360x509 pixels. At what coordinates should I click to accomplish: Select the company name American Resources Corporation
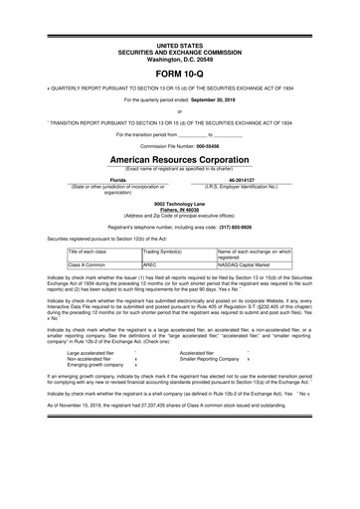tap(179, 158)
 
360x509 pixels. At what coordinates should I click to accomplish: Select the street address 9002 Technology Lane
tap(179, 202)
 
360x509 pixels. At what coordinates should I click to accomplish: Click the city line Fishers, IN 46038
tap(179, 208)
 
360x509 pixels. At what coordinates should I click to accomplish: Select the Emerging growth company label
tap(95, 365)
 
